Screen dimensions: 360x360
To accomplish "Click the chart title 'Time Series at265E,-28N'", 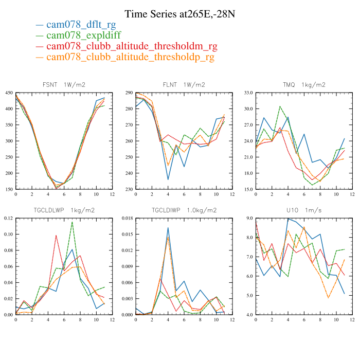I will [x=179, y=13].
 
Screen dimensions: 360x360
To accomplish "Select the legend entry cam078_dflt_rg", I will [x=81, y=24].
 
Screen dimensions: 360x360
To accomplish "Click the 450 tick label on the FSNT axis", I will [x=9, y=93].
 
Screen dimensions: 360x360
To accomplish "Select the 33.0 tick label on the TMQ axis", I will [x=248, y=93].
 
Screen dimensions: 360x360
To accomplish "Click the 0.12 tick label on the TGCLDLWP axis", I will [x=8, y=219].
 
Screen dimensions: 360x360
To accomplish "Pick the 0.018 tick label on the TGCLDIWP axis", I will [x=127, y=219].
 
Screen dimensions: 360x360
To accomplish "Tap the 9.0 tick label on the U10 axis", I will [x=249, y=219].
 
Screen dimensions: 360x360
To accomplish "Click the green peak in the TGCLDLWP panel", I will [x=72, y=222].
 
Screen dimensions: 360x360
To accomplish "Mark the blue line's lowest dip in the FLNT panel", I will [x=168, y=179].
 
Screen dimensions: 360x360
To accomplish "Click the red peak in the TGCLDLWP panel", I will [x=56, y=235].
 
